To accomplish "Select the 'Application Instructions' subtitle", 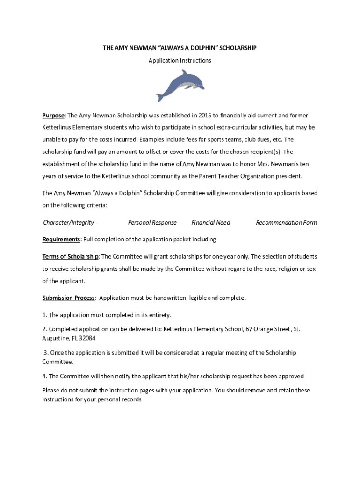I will [x=180, y=61].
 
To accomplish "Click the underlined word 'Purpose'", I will [x=53, y=116].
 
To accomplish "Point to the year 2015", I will [x=205, y=116].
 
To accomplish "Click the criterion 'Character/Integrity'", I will [x=69, y=223].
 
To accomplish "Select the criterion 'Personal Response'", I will [x=152, y=223].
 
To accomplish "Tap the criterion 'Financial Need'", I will [x=211, y=223].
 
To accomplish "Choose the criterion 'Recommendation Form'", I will [x=286, y=223].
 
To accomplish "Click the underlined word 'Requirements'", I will [x=61, y=239].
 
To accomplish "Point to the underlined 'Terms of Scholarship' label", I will [x=71, y=257].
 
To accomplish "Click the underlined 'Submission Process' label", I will [x=69, y=298].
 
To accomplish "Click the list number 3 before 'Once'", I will [x=45, y=353].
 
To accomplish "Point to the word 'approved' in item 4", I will [x=290, y=376].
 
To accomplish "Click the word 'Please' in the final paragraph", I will [x=51, y=391].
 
